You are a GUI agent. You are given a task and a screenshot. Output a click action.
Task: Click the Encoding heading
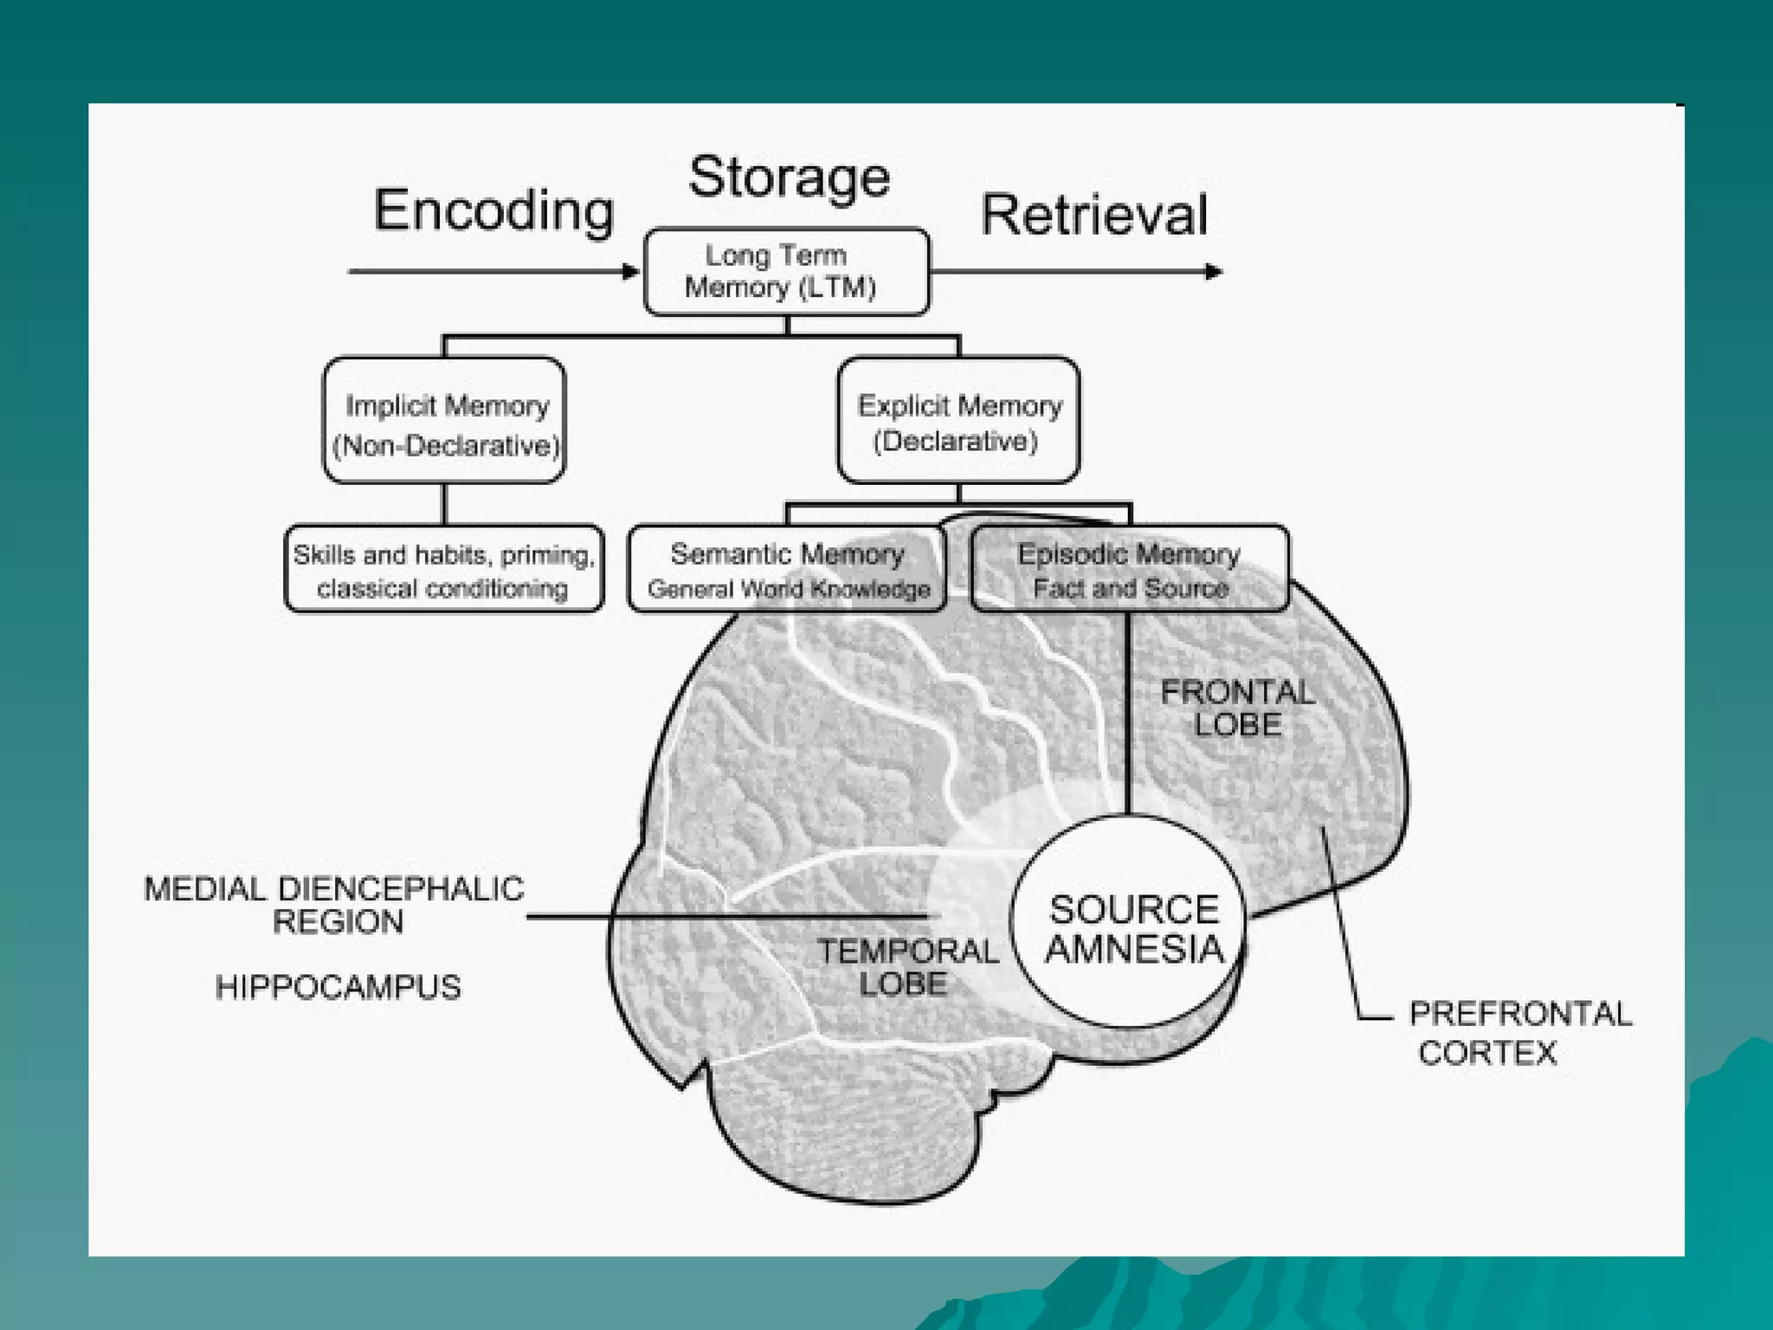493,210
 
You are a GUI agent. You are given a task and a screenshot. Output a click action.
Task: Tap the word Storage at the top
789,178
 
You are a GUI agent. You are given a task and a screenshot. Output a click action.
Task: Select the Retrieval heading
1093,215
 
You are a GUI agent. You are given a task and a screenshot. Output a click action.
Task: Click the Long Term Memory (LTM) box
786,271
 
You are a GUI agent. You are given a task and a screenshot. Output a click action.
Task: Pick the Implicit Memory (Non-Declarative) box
444,421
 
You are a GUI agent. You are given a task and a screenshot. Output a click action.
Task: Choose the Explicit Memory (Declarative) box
958,421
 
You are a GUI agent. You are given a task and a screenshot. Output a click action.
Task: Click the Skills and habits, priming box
444,570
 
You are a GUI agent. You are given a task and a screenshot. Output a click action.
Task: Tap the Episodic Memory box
1129,569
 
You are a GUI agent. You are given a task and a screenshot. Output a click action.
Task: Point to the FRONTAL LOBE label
1237,708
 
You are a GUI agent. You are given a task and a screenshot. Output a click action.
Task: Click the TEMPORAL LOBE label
906,967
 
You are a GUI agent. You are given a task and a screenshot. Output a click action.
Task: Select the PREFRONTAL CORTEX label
1519,1032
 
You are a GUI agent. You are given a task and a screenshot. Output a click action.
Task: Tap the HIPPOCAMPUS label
338,987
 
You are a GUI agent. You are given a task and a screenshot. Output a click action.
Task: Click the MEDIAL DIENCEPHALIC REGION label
334,905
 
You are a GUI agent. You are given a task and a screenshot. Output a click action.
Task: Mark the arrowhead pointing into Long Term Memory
631,272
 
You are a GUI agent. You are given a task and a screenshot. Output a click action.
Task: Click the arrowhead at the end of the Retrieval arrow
1214,272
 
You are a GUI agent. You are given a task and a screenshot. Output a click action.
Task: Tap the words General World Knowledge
789,590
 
